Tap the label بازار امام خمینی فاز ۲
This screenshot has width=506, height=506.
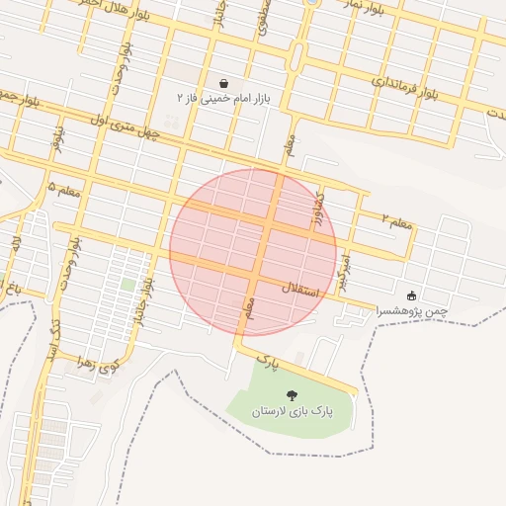coord(224,100)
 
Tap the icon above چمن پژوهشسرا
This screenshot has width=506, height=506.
coord(411,295)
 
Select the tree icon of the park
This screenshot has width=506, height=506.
coord(290,394)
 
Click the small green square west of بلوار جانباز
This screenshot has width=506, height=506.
coord(127,285)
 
